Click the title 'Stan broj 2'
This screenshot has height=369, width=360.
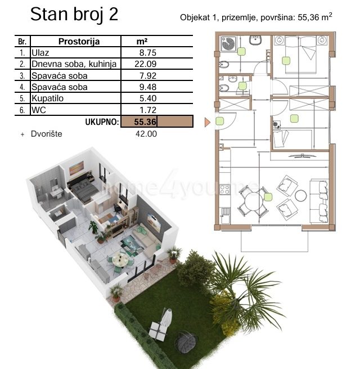[x=74, y=15]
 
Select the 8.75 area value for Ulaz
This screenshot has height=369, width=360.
[x=148, y=53]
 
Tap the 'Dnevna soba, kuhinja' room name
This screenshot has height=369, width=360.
[x=74, y=64]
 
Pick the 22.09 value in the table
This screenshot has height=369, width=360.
[x=146, y=64]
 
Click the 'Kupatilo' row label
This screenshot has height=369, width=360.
[x=47, y=98]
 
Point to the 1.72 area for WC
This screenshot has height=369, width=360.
[x=148, y=110]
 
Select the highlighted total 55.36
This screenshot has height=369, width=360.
[x=145, y=121]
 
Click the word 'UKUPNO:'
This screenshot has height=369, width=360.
[x=102, y=122]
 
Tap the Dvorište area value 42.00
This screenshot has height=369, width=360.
[x=146, y=134]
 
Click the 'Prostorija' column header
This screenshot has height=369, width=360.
[x=79, y=42]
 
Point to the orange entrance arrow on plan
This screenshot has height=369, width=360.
[x=207, y=123]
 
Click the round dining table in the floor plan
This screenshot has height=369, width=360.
[x=253, y=202]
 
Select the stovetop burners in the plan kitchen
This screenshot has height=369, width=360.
[x=224, y=190]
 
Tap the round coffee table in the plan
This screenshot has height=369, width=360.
[x=301, y=196]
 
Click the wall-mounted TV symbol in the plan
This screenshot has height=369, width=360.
[x=303, y=156]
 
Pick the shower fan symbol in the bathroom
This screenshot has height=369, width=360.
[x=228, y=43]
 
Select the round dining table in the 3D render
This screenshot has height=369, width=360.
[x=120, y=260]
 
